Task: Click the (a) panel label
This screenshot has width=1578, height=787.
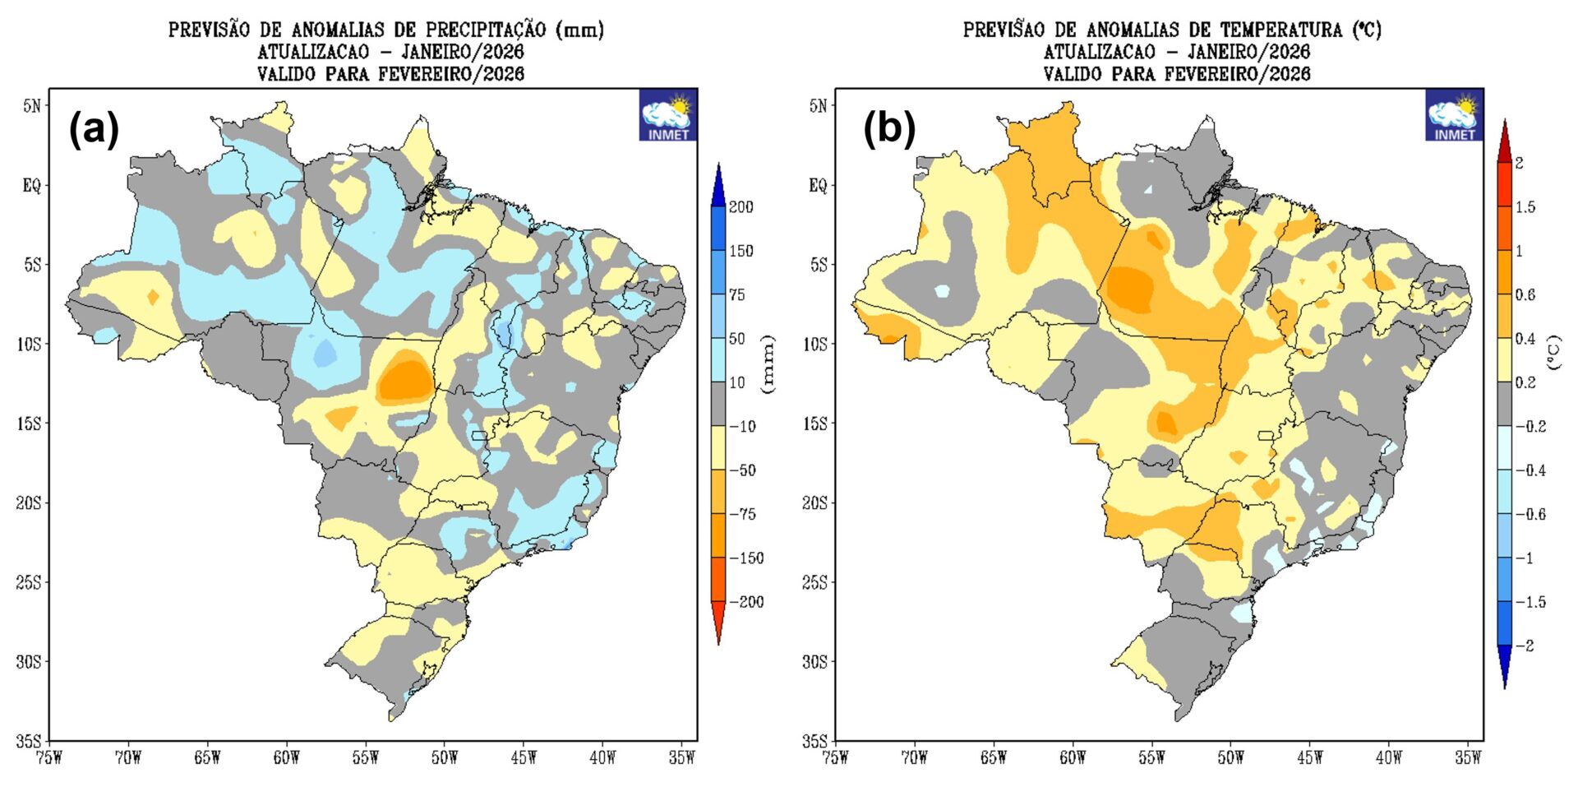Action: pos(94,130)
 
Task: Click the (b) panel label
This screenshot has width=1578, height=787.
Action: pos(888,130)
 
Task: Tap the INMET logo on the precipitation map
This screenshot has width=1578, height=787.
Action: pos(667,116)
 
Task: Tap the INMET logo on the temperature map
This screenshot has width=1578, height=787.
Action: pos(1454,116)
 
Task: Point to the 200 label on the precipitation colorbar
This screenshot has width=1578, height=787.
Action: pos(741,207)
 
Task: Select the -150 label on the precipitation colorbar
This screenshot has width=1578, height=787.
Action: pos(745,558)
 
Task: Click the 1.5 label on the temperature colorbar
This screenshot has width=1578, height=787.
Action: pos(1525,207)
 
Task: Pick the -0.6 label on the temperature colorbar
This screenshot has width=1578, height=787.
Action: pos(1530,515)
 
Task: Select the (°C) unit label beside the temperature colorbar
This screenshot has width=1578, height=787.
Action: pos(1554,352)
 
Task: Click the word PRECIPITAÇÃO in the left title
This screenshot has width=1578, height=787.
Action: pos(486,30)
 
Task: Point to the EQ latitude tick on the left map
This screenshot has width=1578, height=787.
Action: pos(31,186)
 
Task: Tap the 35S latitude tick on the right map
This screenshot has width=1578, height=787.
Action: pos(817,741)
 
